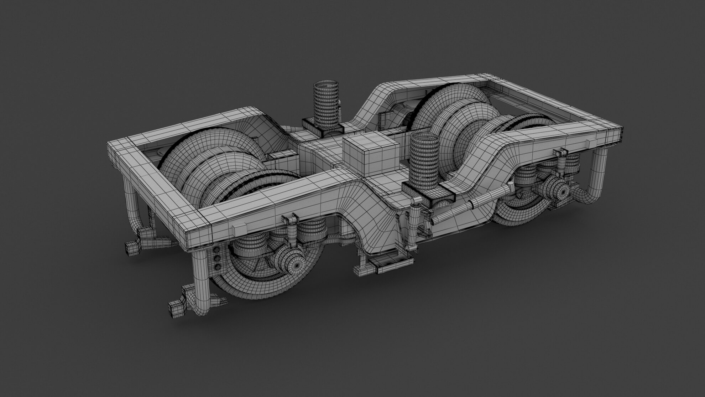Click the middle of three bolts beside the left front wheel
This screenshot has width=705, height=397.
pos(216,259)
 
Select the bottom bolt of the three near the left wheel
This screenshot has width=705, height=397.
pos(216,267)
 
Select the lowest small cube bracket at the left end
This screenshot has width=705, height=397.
pos(175,308)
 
